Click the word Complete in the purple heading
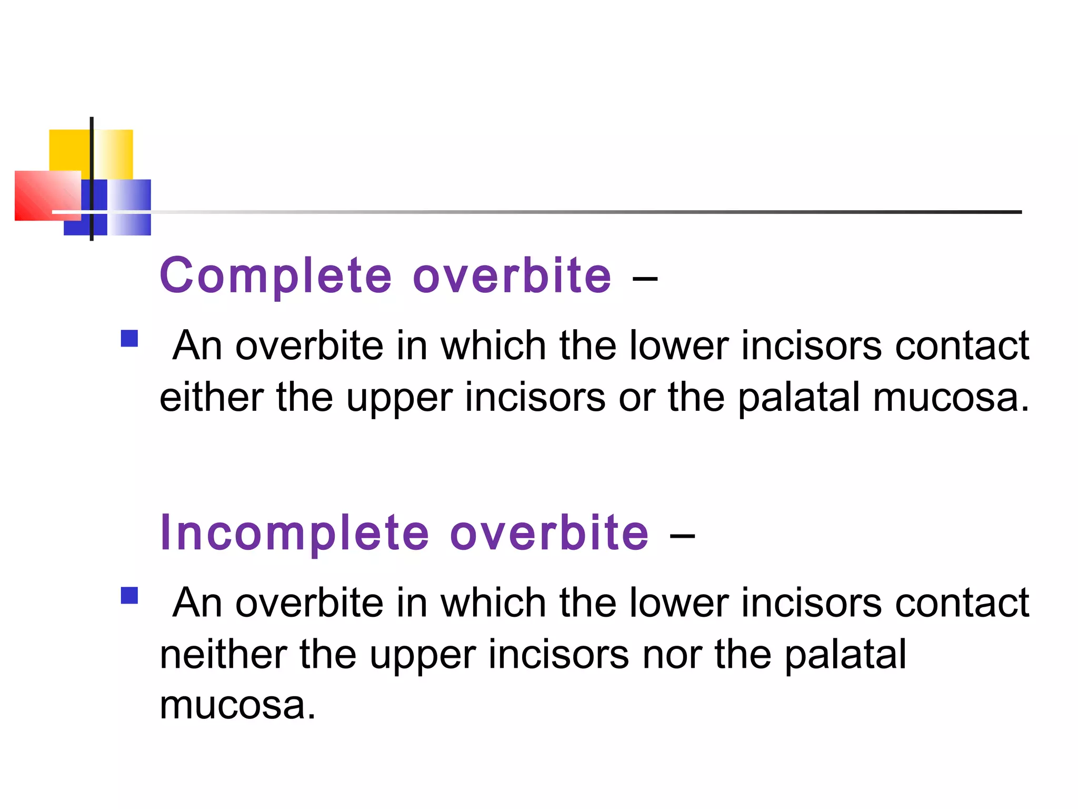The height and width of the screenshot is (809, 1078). (x=276, y=276)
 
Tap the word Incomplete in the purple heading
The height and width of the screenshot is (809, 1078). (x=294, y=533)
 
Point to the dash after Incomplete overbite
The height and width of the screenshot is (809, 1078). (x=682, y=536)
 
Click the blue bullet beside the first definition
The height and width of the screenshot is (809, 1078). (x=129, y=338)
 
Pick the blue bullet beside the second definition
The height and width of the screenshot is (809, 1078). (x=129, y=596)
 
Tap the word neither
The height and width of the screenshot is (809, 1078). (x=223, y=655)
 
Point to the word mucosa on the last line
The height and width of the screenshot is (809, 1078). (x=237, y=706)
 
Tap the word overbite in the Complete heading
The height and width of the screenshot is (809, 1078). (x=512, y=276)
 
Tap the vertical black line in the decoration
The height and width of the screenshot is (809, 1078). (x=92, y=158)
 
